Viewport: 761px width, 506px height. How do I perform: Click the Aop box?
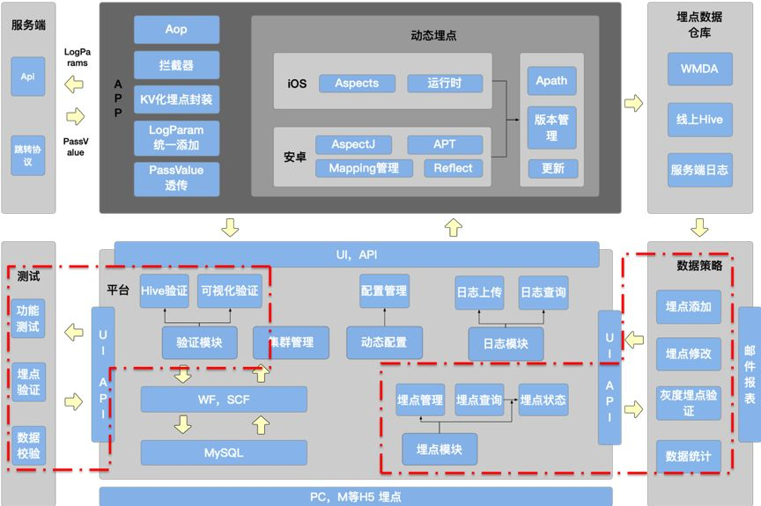[x=176, y=30]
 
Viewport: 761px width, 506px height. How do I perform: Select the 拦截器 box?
[x=176, y=65]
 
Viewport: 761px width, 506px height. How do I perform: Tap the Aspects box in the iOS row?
[x=357, y=84]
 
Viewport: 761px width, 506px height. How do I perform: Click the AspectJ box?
[x=359, y=144]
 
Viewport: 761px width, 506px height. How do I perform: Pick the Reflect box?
[x=453, y=168]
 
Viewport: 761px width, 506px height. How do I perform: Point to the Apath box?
[x=551, y=81]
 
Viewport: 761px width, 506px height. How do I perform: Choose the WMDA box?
[x=699, y=69]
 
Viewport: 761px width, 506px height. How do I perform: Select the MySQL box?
[x=224, y=452]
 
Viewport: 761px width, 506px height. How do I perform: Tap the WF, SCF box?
[x=224, y=400]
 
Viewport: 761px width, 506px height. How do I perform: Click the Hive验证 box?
[x=165, y=291]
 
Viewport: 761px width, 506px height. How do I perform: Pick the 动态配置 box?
[x=384, y=342]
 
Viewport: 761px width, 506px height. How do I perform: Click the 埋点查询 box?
[x=479, y=400]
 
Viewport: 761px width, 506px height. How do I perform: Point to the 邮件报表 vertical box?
[x=750, y=374]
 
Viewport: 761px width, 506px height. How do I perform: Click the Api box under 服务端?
[x=27, y=77]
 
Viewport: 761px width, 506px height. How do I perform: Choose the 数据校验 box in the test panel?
[x=28, y=446]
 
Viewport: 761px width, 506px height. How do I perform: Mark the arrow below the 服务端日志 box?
[x=699, y=228]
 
